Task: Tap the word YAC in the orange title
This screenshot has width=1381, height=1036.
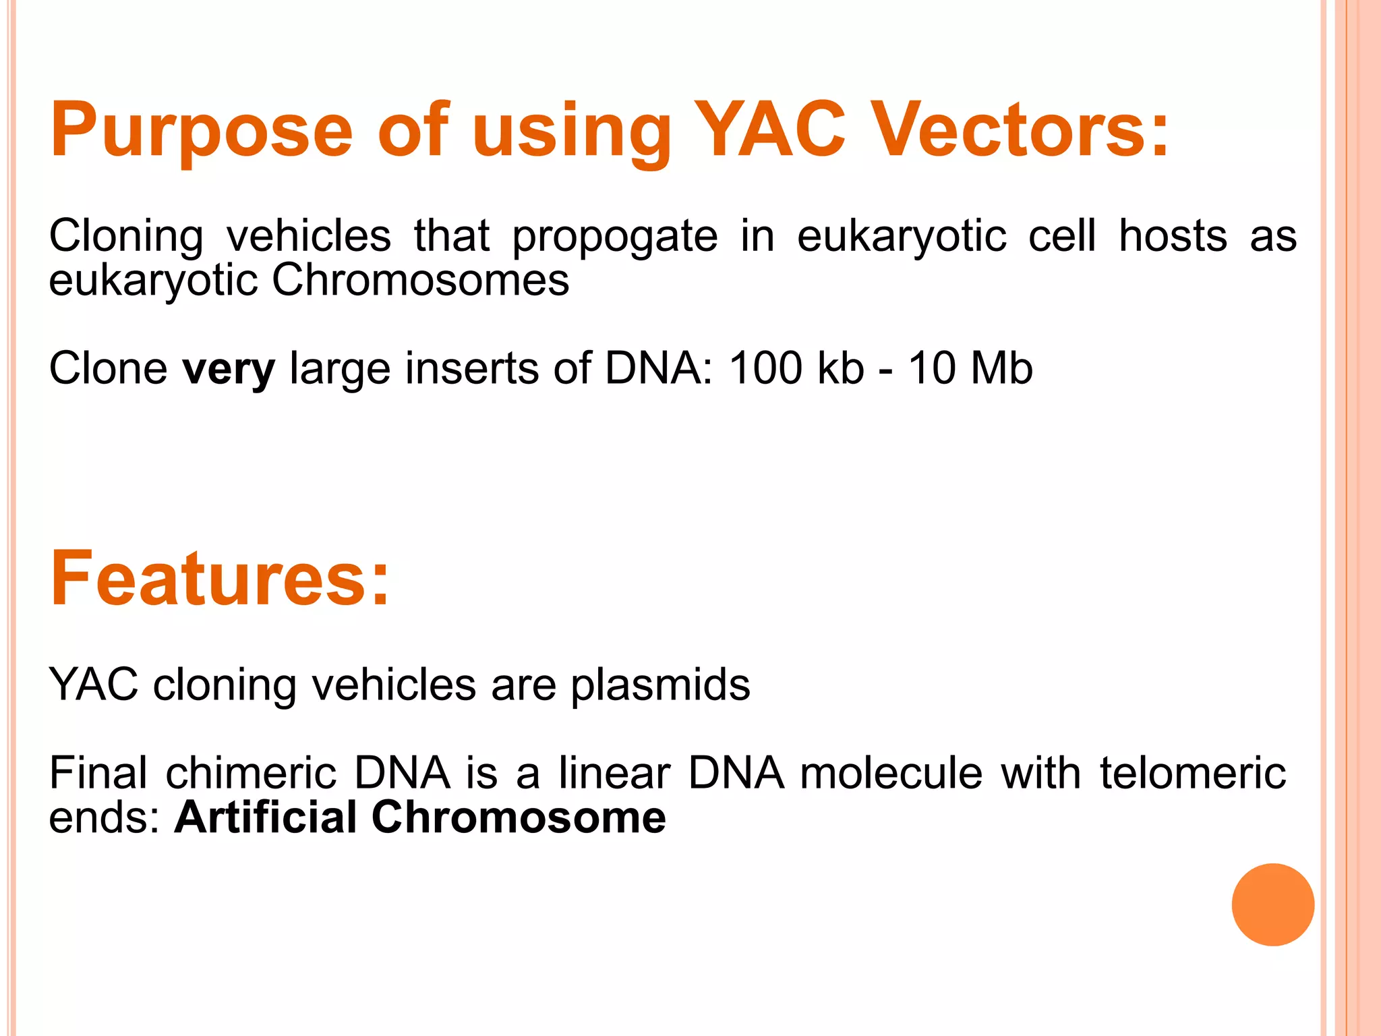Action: pyautogui.click(x=769, y=129)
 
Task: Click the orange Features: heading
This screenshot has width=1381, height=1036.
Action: pyautogui.click(x=220, y=579)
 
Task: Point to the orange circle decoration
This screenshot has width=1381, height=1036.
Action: pyautogui.click(x=1272, y=904)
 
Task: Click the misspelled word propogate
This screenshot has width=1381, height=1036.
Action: pyautogui.click(x=614, y=237)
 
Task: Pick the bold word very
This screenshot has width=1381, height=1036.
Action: pyautogui.click(x=229, y=370)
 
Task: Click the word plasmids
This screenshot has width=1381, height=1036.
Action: pyautogui.click(x=660, y=685)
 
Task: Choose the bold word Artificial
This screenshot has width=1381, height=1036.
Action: pyautogui.click(x=265, y=817)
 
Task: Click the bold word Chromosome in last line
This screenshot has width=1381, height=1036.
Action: pyautogui.click(x=519, y=817)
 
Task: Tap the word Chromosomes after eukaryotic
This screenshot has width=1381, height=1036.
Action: pyautogui.click(x=420, y=280)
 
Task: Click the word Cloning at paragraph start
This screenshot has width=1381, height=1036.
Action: pyautogui.click(x=126, y=237)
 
